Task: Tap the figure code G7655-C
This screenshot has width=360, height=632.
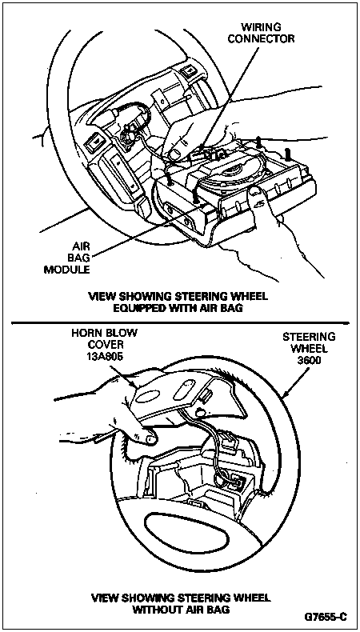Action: pos(326,617)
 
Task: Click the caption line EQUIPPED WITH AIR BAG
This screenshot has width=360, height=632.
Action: pos(178,309)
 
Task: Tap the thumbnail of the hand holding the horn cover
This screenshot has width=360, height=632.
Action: pos(150,439)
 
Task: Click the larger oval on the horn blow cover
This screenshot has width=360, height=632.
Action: pos(152,395)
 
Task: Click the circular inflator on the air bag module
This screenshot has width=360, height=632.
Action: pos(229,178)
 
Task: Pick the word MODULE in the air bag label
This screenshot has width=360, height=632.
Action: pos(66,270)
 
